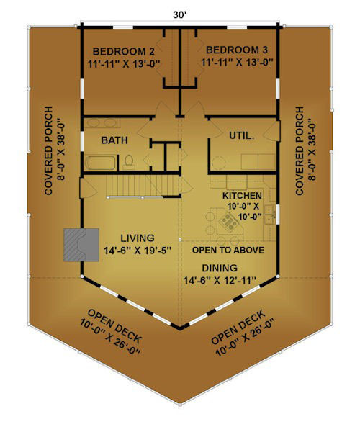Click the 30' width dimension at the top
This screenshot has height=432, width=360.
tap(180, 14)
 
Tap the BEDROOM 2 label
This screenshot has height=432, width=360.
tap(124, 52)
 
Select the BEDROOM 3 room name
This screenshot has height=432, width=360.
tap(237, 50)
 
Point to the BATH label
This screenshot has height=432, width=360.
tap(114, 140)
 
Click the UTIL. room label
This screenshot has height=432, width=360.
tap(242, 135)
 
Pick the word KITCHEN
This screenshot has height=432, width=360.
tap(242, 196)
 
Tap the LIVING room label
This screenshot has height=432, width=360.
tap(138, 238)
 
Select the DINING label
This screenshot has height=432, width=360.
tap(220, 268)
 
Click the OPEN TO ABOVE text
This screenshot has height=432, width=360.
tap(228, 250)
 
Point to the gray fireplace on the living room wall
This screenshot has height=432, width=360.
tap(81, 245)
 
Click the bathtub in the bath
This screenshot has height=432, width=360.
tap(101, 163)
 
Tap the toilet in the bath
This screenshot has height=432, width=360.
tap(129, 162)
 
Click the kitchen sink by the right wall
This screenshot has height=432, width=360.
tap(269, 215)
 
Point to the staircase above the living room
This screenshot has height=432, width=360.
tap(143, 186)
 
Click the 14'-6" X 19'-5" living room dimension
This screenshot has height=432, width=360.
tap(138, 251)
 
